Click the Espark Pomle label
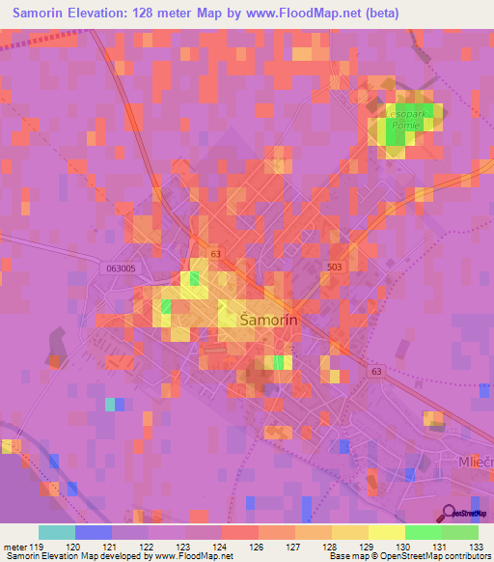(x=409, y=120)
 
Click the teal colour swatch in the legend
(x=57, y=532)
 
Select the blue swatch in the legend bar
(x=94, y=532)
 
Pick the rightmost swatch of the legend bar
(x=460, y=532)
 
